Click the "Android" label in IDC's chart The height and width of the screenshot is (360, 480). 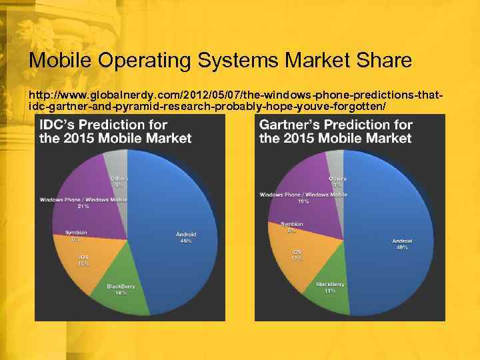pyautogui.click(x=186, y=234)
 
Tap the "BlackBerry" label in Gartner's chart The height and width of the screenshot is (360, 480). pyautogui.click(x=331, y=284)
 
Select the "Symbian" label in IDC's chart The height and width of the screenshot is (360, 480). pyautogui.click(x=76, y=232)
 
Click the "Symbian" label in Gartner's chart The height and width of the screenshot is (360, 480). pyautogui.click(x=292, y=224)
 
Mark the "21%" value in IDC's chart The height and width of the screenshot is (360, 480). pyautogui.click(x=83, y=206)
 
